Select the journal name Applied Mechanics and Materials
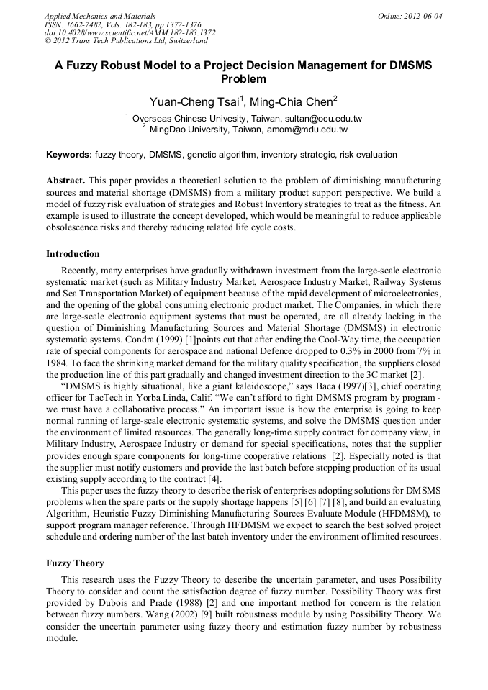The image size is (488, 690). [100, 16]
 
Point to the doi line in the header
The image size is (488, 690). [130, 33]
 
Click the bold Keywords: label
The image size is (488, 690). [69, 155]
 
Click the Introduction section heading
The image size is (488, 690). [73, 254]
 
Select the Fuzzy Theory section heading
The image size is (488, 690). [75, 563]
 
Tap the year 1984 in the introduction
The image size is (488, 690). [58, 363]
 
